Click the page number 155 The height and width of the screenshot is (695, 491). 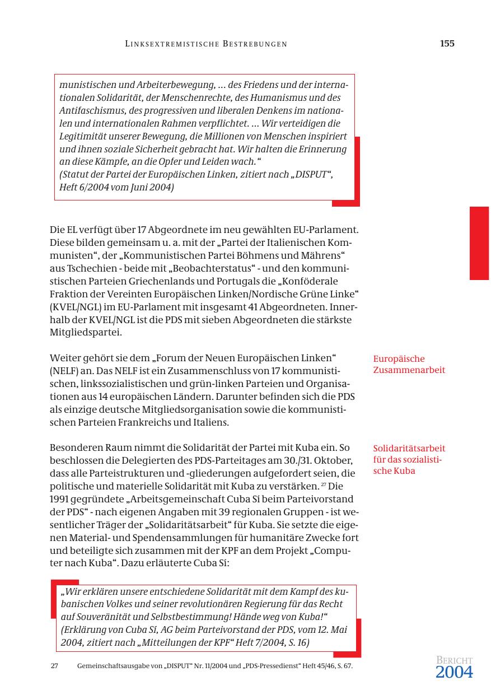coord(447,44)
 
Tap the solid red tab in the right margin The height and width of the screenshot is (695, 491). coord(479,243)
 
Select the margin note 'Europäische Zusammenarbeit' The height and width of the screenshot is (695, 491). coord(409,364)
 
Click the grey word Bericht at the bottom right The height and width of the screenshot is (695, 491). coord(454,661)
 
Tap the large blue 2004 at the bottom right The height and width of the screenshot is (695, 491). coord(454,673)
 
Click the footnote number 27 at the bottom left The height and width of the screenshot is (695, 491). coord(54,666)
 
